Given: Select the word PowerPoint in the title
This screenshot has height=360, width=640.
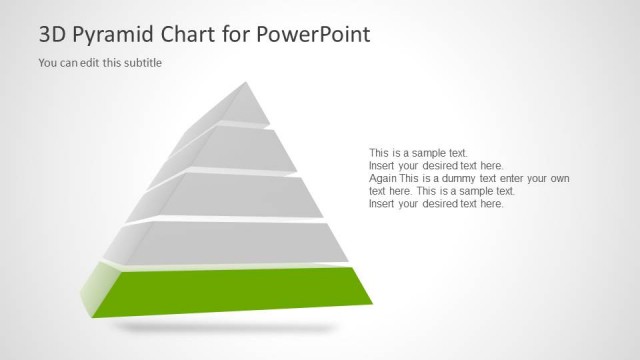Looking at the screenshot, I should coord(313,35).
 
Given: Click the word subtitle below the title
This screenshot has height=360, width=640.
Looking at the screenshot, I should coord(141,63).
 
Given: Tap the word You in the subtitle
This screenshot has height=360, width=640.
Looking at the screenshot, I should coord(48,63).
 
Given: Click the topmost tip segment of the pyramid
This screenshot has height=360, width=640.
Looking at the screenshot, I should coord(246,106).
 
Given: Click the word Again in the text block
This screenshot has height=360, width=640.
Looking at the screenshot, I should coord(384,178).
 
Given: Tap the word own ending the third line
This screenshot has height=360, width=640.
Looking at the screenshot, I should coord(558,178).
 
